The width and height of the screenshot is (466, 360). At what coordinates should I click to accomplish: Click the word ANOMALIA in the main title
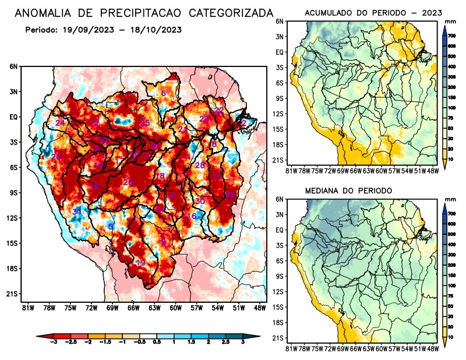[43, 12]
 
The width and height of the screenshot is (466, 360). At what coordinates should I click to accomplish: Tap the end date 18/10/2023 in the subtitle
[152, 29]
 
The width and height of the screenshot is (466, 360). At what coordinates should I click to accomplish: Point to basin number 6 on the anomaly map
[164, 94]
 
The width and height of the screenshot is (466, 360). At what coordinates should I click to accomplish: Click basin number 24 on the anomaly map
[60, 123]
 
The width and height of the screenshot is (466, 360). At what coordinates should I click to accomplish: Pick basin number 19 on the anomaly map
[140, 263]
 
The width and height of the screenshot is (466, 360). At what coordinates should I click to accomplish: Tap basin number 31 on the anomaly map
[77, 211]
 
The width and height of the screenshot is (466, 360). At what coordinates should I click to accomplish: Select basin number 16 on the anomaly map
[191, 217]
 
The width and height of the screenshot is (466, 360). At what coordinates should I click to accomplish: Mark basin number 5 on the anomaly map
[111, 226]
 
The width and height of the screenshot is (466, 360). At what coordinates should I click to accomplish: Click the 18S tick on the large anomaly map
[12, 269]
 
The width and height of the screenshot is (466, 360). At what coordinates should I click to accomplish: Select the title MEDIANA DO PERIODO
[349, 190]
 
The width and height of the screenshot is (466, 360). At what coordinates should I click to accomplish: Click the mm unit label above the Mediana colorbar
[450, 200]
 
